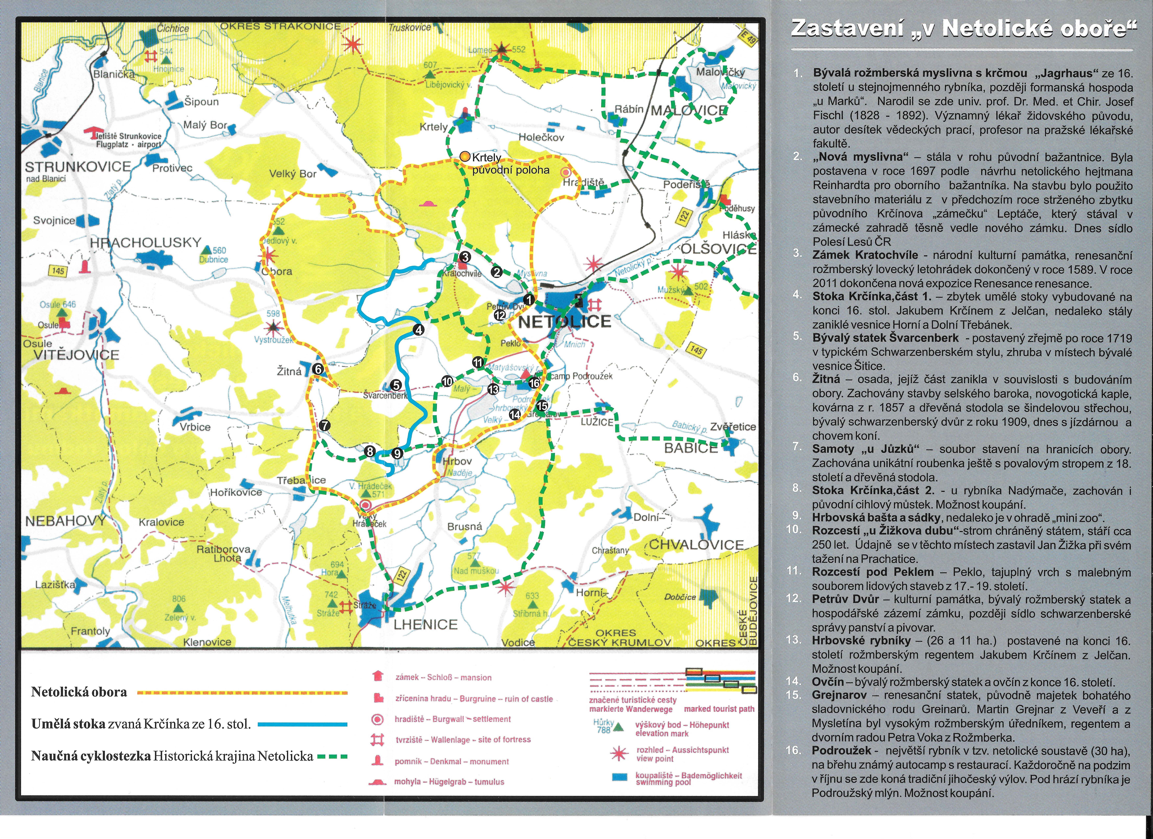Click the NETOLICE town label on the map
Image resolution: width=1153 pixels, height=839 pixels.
pos(564,322)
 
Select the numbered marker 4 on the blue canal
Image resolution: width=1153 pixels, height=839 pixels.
pos(418,330)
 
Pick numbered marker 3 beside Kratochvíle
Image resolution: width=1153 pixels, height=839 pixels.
pos(464,257)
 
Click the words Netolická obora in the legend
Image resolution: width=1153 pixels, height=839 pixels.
pos(79,692)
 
